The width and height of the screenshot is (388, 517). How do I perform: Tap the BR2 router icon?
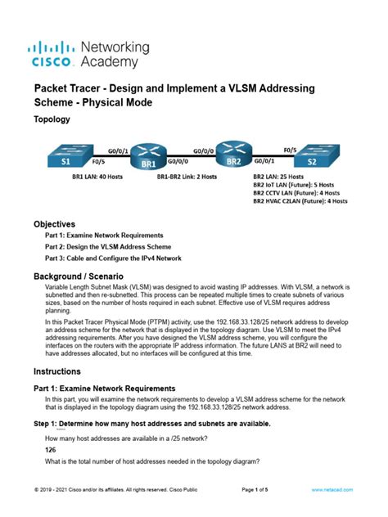[232, 156]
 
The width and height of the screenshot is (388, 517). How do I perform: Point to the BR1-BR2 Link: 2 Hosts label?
[187, 176]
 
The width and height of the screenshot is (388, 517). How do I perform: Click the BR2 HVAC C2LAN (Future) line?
[300, 200]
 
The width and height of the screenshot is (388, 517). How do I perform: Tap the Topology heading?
[52, 119]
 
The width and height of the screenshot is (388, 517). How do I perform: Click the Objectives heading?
[54, 224]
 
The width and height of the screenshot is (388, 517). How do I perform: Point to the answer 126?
[51, 450]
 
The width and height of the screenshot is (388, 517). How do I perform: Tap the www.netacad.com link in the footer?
[332, 489]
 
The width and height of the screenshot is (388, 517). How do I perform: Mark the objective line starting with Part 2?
[108, 247]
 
